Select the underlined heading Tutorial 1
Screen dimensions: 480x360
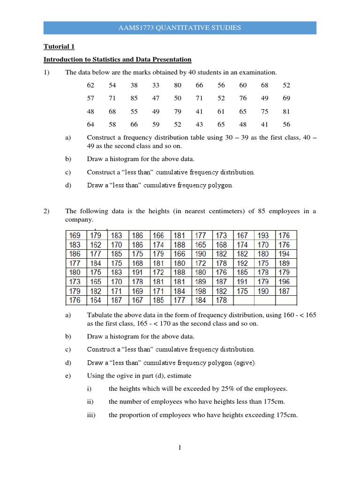point(59,47)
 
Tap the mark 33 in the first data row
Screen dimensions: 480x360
point(156,85)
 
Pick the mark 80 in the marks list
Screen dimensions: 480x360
point(178,85)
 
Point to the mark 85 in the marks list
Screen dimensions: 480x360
point(134,98)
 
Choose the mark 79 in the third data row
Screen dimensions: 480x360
point(178,112)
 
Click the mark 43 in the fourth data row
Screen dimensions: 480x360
point(199,125)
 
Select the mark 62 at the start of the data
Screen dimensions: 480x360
point(90,85)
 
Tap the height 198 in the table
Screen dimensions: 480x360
point(201,291)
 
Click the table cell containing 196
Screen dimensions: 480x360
point(284,282)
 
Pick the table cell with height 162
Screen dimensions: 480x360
point(96,245)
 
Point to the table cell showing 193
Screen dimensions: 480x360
point(263,235)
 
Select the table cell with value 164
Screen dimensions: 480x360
point(96,300)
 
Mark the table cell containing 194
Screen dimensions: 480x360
point(284,254)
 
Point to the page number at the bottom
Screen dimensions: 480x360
point(180,448)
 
